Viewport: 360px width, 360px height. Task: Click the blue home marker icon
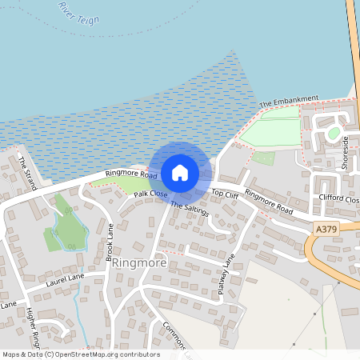tap(180, 172)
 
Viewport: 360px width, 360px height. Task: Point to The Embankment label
tap(289, 102)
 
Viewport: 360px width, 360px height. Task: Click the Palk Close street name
tap(150, 194)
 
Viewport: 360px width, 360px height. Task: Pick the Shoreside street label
tap(346, 150)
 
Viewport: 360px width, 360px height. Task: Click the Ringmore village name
tap(139, 262)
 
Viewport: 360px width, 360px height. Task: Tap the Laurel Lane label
tap(65, 278)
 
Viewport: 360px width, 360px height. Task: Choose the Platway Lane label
tap(228, 277)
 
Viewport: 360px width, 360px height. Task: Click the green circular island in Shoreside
tap(334, 133)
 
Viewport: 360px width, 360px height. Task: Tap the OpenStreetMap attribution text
tap(81, 354)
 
